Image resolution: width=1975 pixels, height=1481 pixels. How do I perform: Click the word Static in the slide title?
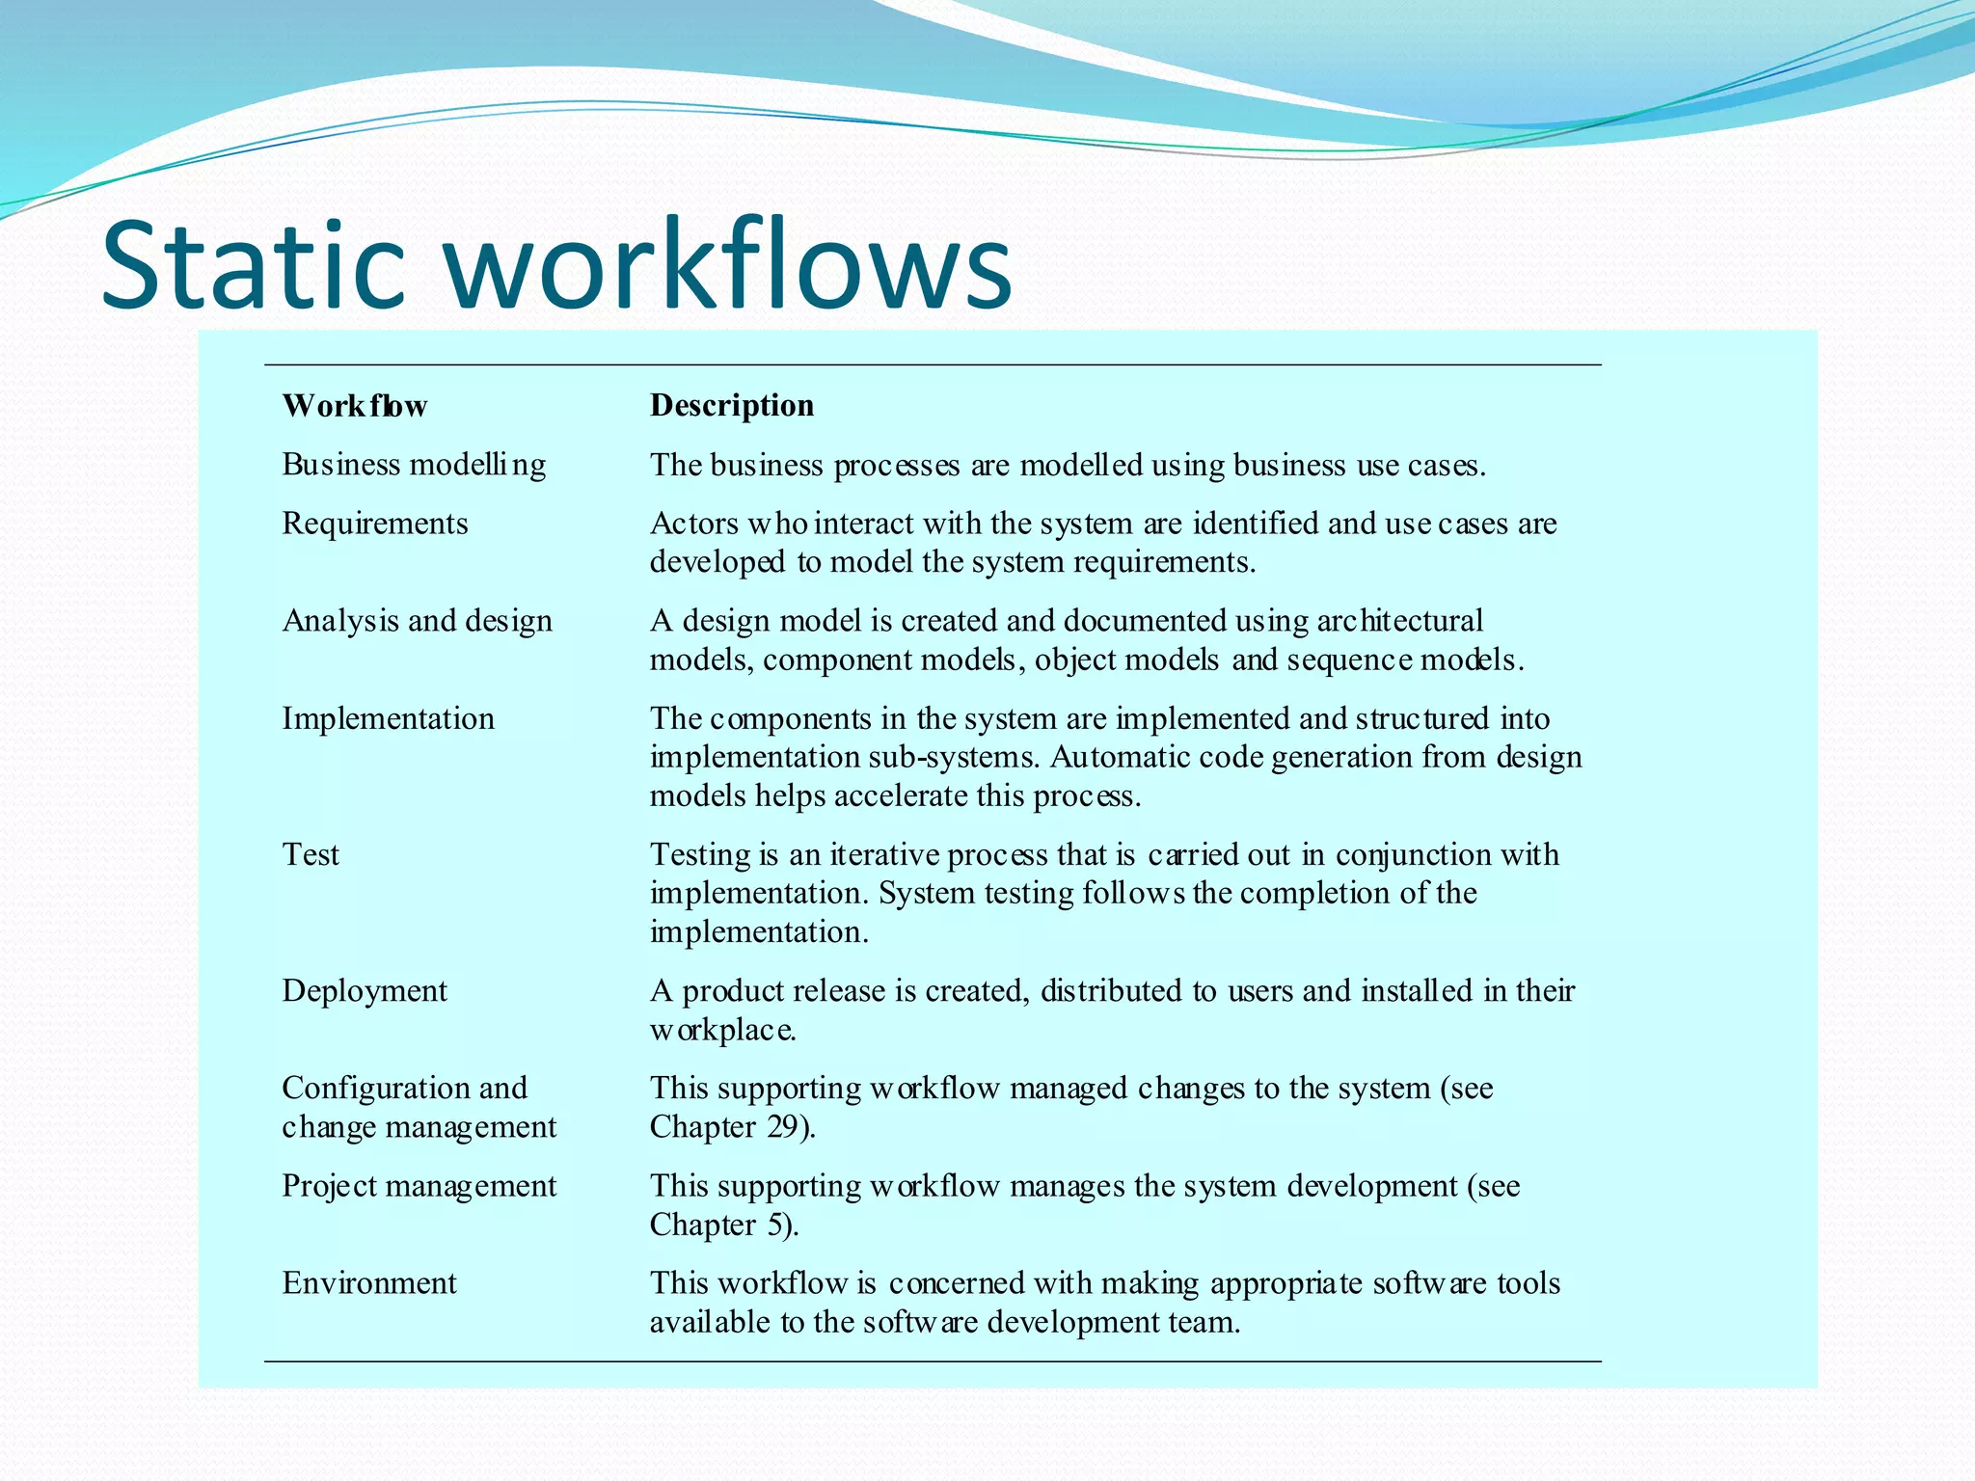(253, 265)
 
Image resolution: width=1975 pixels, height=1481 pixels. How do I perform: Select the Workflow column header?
(355, 406)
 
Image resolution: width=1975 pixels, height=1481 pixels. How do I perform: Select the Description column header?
(731, 406)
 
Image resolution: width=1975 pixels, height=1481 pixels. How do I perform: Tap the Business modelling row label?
(414, 465)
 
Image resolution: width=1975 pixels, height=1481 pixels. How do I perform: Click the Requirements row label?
(374, 524)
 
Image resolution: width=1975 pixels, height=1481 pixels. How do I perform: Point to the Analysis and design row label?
(417, 621)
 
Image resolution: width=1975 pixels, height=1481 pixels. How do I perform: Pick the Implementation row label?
(388, 718)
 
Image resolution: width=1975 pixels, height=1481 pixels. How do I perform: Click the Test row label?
(311, 854)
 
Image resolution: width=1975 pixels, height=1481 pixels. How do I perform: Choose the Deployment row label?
(364, 991)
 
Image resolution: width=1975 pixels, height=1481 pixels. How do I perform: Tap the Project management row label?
(419, 1186)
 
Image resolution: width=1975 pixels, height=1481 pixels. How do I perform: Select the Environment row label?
(368, 1283)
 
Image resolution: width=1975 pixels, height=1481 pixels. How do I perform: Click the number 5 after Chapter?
(776, 1225)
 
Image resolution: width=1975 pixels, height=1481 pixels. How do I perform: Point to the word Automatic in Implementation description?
(1119, 757)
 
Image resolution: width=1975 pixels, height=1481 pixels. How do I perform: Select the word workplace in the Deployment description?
(722, 1031)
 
